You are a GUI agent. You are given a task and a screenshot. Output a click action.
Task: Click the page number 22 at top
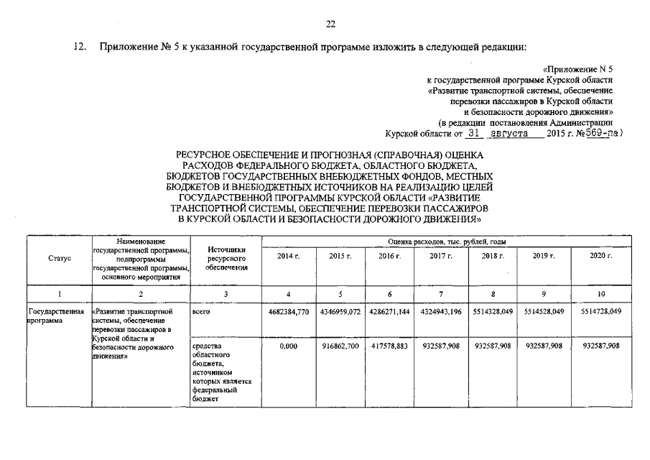click(331, 24)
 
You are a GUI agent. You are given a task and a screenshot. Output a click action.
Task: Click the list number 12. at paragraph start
click(82, 47)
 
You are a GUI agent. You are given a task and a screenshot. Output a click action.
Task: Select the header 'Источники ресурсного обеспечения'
click(226, 258)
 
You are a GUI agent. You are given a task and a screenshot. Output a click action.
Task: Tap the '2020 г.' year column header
click(600, 256)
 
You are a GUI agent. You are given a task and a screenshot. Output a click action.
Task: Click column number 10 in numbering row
click(600, 294)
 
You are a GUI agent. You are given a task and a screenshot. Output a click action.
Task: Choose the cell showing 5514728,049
click(600, 313)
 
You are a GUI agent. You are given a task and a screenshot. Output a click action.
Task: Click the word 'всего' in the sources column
click(202, 313)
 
